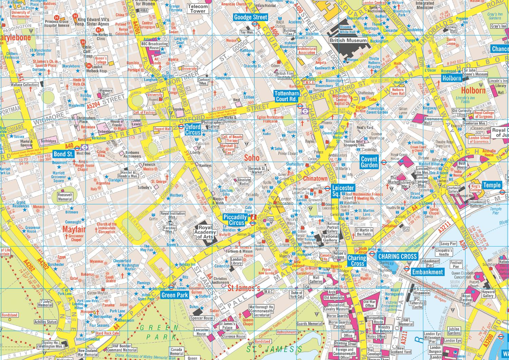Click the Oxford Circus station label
tap(192, 129)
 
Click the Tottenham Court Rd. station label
tap(286, 96)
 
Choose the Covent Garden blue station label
tap(369, 162)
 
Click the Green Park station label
tap(174, 295)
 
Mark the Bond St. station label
tap(63, 154)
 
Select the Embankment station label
tap(427, 272)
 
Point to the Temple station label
tap(492, 185)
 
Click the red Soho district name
tap(251, 158)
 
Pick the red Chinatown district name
tap(315, 178)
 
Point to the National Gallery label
tap(330, 238)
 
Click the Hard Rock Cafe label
tap(108, 333)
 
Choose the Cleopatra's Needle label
tap(444, 252)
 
